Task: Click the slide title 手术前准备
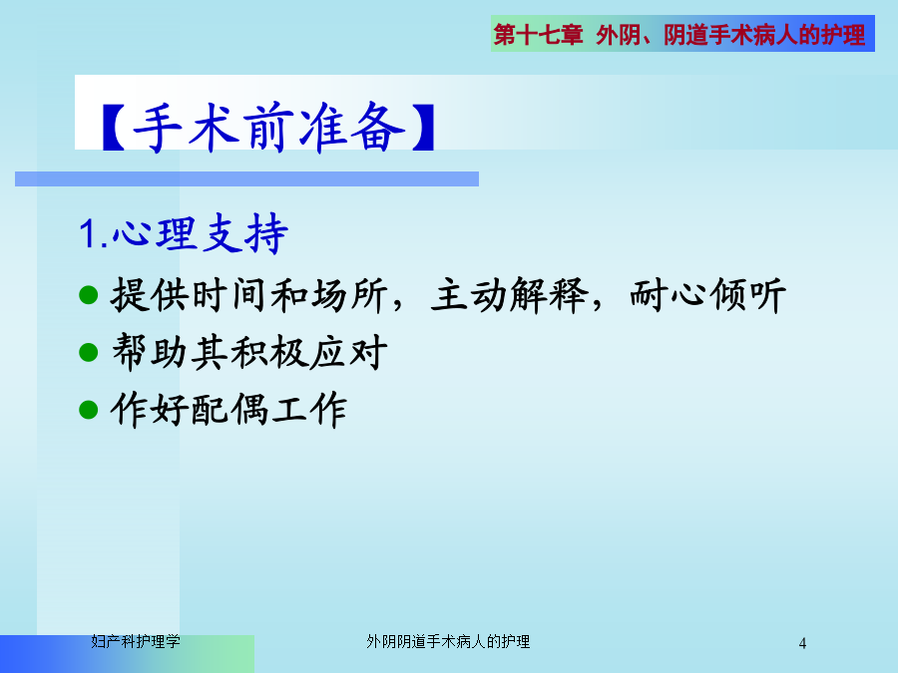point(268,127)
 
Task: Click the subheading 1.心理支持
point(183,233)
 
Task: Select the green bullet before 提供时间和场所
point(88,295)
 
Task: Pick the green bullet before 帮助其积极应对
point(88,352)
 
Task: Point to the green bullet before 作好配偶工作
point(88,409)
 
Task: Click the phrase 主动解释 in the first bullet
point(510,295)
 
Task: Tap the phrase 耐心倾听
point(707,295)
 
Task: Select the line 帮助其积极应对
point(249,352)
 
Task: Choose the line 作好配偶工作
point(229,409)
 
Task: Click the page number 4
point(802,643)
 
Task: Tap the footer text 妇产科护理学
point(136,641)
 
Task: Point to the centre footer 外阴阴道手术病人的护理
point(448,641)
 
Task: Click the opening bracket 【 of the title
point(114,127)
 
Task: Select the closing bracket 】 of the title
point(423,127)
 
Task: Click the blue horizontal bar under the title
point(246,179)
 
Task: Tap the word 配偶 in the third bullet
point(229,409)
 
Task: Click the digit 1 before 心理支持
point(88,234)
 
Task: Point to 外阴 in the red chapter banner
point(618,35)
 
